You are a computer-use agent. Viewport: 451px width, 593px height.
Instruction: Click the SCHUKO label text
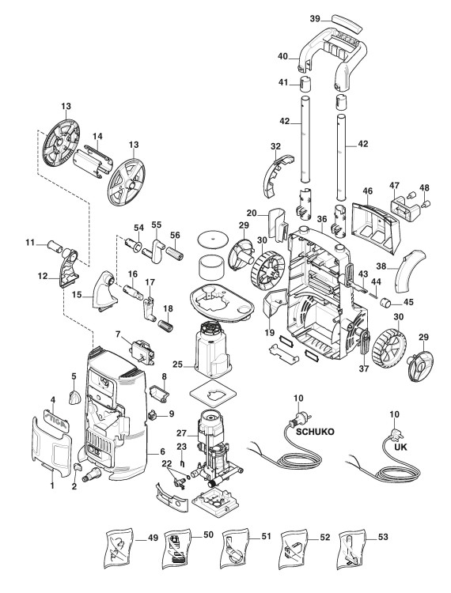click(315, 432)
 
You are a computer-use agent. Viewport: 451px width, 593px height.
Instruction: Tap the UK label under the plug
click(400, 447)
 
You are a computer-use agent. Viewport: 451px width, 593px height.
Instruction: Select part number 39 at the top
click(315, 19)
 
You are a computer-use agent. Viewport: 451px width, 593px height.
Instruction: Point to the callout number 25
click(177, 365)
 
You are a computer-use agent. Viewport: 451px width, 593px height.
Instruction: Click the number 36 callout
click(322, 219)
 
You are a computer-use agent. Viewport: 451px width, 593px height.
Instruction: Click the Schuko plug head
click(300, 418)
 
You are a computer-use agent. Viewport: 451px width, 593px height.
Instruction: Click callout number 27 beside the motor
click(182, 433)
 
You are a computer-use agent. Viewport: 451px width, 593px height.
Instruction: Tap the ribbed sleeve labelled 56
click(176, 252)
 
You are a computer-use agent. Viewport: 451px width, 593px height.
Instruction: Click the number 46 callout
click(367, 191)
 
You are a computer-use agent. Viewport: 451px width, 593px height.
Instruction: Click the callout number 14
click(97, 136)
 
